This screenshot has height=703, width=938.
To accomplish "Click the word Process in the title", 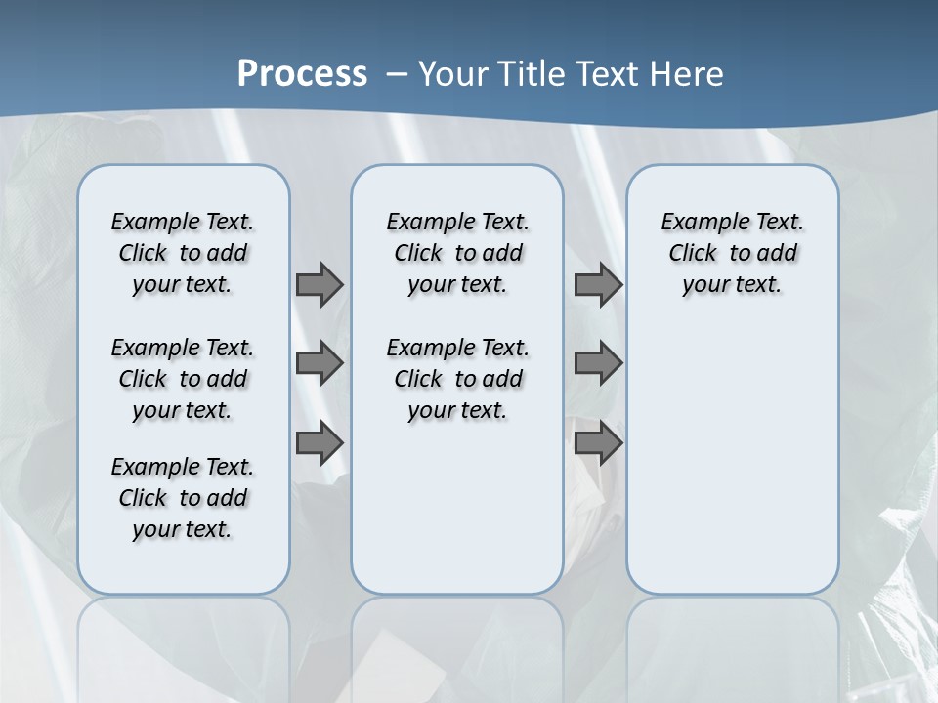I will [302, 73].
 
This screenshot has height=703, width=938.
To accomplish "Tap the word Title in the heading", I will [533, 73].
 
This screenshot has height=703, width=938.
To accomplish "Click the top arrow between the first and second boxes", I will [320, 284].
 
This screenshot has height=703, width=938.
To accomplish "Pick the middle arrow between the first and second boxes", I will [320, 363].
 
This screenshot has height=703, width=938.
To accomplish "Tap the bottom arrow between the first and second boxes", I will [320, 443].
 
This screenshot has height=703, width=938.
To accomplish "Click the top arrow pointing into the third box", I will [598, 284].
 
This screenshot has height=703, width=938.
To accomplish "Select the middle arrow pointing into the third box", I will [598, 363].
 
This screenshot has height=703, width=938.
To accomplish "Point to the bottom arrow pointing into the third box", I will [598, 443].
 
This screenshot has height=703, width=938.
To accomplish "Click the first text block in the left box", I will [183, 253].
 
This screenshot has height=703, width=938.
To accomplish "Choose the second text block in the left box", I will [183, 379].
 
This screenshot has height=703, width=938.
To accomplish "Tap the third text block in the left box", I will [183, 498].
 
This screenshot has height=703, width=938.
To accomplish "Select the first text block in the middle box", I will [457, 253].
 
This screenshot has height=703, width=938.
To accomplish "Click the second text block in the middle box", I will [457, 379].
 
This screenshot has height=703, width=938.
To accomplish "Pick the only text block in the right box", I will [733, 253].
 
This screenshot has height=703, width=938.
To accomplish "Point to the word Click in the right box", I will [693, 254].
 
